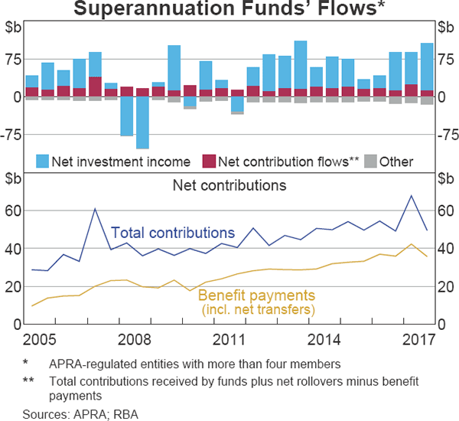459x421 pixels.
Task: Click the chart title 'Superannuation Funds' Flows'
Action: (x=229, y=10)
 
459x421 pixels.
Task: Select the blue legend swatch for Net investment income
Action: (x=42, y=162)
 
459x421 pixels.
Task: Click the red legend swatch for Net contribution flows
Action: (x=208, y=162)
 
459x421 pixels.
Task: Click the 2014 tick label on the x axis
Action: (x=324, y=338)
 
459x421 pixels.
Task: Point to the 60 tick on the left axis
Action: (x=16, y=210)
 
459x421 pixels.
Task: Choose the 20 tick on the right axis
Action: (x=444, y=287)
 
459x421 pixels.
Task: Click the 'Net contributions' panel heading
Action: (x=229, y=185)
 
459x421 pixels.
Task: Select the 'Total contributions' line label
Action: (x=173, y=233)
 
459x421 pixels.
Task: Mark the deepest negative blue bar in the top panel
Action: (x=142, y=122)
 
